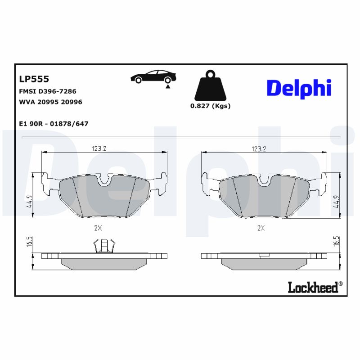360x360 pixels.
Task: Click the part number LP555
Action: coord(34,79)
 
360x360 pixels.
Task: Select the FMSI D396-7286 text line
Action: coord(47,91)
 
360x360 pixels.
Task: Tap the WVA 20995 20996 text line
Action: coord(50,102)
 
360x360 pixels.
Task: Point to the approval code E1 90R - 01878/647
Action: coord(53,123)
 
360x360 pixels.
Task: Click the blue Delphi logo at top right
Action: coord(299,88)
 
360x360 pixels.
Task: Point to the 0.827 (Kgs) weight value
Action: coord(210,106)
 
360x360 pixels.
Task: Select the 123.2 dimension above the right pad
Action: coord(259,149)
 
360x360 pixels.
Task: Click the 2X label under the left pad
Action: coord(98,228)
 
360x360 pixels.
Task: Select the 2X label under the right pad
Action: coord(260,228)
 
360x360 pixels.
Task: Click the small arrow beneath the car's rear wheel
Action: coord(168,85)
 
